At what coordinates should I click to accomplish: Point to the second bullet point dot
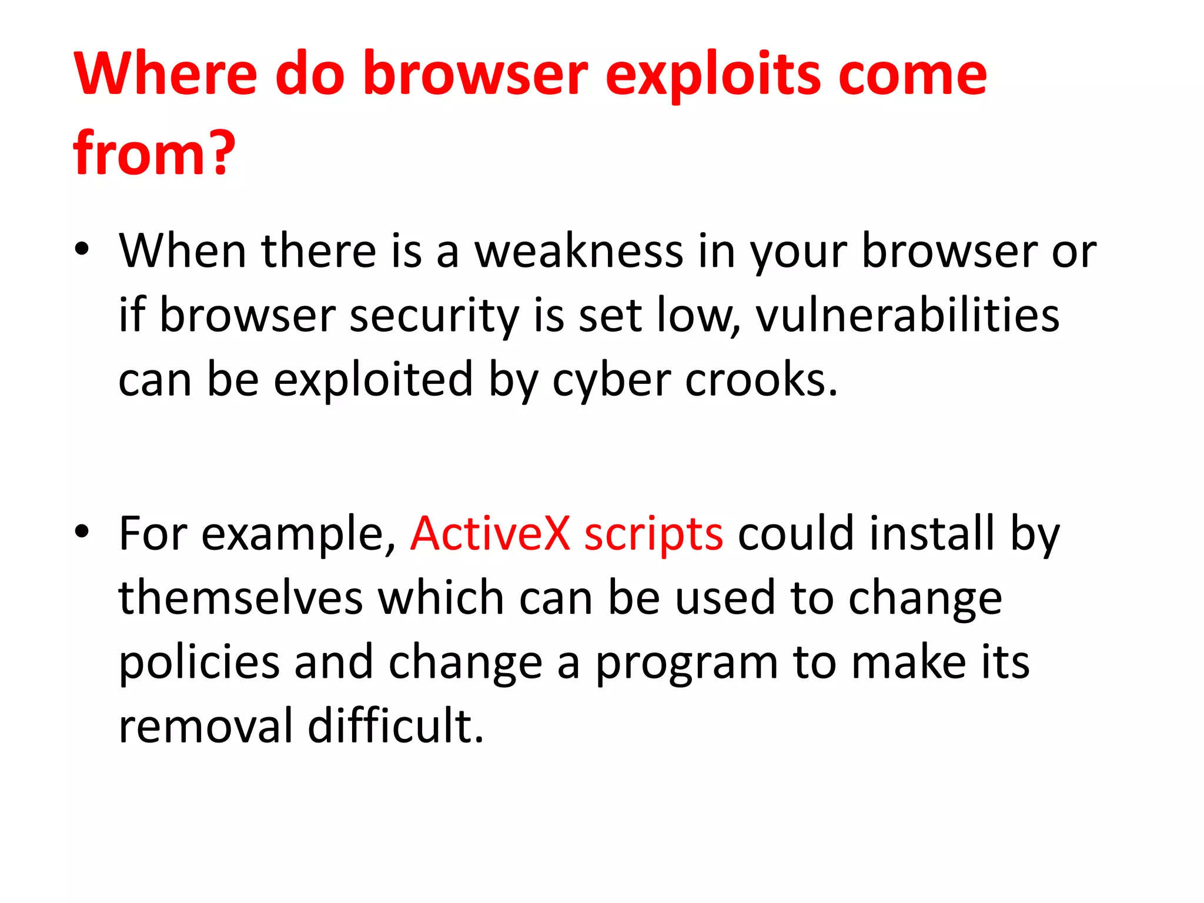pyautogui.click(x=82, y=531)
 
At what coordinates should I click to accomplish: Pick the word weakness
pyautogui.click(x=579, y=251)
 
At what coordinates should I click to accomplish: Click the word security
pyautogui.click(x=434, y=316)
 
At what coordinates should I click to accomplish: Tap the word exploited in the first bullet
pyautogui.click(x=373, y=380)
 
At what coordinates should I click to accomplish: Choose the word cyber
pyautogui.click(x=611, y=380)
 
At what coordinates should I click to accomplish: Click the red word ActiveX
pyautogui.click(x=490, y=533)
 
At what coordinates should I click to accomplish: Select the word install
pyautogui.click(x=932, y=533)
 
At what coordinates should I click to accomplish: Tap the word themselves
pyautogui.click(x=241, y=598)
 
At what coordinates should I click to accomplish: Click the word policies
pyautogui.click(x=199, y=663)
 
